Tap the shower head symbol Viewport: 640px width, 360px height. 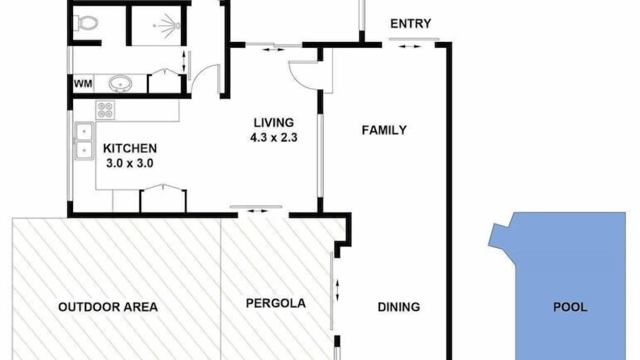[167, 25]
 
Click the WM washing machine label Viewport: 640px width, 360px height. [83, 83]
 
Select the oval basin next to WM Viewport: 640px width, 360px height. [120, 83]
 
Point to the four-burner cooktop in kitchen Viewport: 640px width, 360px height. [105, 110]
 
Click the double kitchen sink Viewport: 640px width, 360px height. [84, 141]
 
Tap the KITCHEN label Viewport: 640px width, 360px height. [130, 148]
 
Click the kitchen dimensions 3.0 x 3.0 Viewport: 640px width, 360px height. [130, 163]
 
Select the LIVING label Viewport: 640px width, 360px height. [273, 122]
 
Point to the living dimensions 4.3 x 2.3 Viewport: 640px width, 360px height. [273, 137]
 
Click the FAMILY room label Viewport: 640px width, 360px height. [384, 130]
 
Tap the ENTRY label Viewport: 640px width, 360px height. [410, 23]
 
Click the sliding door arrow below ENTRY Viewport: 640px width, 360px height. [410, 46]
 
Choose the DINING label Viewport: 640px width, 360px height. [399, 307]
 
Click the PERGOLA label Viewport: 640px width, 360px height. [275, 303]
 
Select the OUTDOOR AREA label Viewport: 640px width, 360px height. [108, 307]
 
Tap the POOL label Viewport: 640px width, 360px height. [570, 307]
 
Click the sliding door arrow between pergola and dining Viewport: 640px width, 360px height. [337, 290]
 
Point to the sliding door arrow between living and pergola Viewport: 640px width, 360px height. [257, 211]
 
